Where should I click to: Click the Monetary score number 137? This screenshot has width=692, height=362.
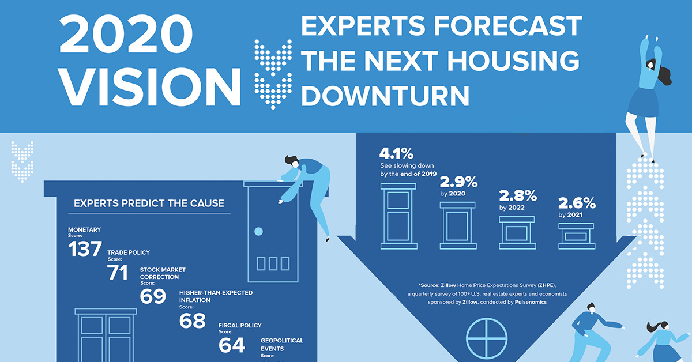click(x=85, y=248)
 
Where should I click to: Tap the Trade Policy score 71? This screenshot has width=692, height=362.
click(x=118, y=272)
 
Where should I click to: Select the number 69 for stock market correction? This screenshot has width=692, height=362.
click(x=153, y=296)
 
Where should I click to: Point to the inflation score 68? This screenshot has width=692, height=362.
click(x=192, y=320)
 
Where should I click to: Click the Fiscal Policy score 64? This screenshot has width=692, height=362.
click(x=232, y=345)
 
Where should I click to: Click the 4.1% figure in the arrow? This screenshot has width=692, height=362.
click(x=396, y=153)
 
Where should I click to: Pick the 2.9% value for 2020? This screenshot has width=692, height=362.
click(x=459, y=182)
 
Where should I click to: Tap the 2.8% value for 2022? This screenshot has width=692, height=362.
click(x=518, y=196)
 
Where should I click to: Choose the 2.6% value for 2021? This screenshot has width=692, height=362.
click(x=577, y=203)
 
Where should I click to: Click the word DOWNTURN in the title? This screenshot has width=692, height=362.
click(x=385, y=96)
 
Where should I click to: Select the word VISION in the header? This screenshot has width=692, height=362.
click(x=150, y=87)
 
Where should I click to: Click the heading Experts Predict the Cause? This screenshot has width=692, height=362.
click(x=149, y=203)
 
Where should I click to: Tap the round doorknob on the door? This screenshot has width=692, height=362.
click(x=258, y=231)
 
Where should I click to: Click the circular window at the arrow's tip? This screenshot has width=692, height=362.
click(x=487, y=338)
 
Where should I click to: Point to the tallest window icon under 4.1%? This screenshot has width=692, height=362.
click(x=398, y=216)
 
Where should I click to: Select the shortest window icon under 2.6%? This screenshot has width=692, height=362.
click(x=577, y=236)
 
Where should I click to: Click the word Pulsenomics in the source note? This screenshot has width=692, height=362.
click(x=531, y=302)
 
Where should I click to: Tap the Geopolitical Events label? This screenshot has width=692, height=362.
click(x=282, y=345)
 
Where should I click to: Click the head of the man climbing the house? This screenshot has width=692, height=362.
click(x=291, y=161)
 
